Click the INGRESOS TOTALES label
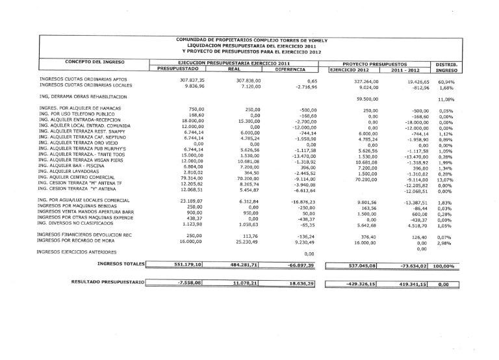pos(120,264)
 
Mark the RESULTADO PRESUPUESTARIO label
pos(108,283)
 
